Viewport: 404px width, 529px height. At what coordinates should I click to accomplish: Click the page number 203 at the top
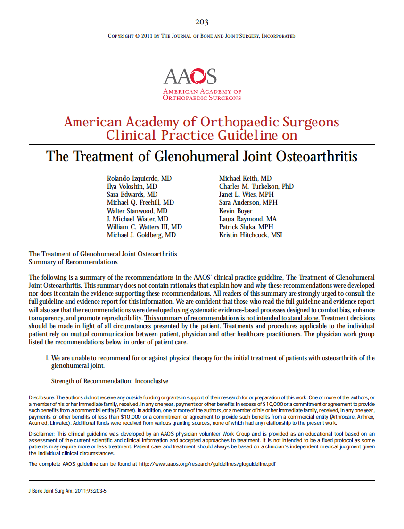202,22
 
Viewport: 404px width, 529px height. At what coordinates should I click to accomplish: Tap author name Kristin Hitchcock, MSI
250,235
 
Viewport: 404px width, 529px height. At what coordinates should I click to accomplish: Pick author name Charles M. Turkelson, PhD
256,186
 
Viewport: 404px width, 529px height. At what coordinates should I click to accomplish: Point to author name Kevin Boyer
235,211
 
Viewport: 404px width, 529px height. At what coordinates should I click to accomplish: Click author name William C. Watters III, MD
144,227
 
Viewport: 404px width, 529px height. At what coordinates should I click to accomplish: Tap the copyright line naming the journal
202,36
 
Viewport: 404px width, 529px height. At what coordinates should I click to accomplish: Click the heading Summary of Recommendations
73,262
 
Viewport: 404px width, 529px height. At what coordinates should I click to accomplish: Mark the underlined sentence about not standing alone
232,318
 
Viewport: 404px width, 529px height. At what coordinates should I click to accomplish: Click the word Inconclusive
151,381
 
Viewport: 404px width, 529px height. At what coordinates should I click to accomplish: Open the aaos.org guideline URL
207,464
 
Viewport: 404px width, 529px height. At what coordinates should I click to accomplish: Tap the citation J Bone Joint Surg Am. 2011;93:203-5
67,490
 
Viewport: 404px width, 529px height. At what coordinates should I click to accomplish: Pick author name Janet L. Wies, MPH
246,194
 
